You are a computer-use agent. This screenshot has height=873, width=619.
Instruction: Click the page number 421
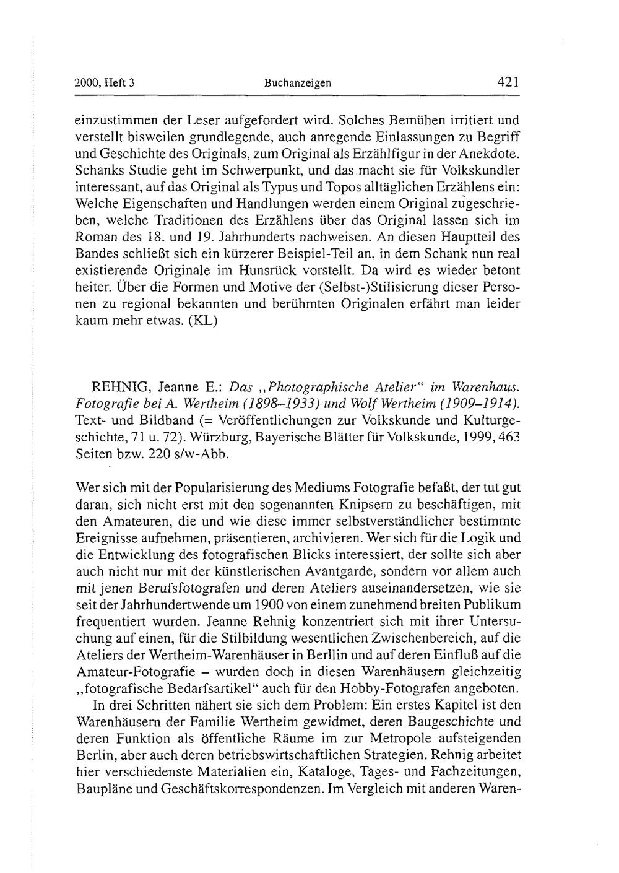[506, 82]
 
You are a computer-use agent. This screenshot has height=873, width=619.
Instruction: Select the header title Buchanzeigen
[298, 84]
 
